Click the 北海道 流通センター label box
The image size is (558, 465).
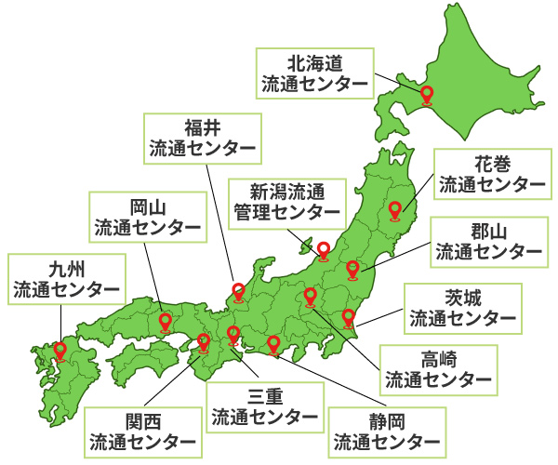pos(315,73)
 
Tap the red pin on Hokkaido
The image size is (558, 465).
pos(427,94)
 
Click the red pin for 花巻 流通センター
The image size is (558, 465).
pos(395,210)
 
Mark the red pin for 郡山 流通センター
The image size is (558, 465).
pos(352,269)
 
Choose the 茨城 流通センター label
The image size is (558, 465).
pos(463,309)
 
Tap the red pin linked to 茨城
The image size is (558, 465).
pos(350,317)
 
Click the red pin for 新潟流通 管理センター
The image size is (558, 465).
pos(324,249)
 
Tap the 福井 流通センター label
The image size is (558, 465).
pos(202,137)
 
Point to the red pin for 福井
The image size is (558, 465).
pos(238,292)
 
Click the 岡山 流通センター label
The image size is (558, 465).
pos(147,216)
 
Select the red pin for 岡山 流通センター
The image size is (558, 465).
pos(166,323)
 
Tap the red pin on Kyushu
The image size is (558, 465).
pos(60,351)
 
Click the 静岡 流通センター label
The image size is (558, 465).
pos(386,429)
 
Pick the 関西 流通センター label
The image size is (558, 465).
pos(142,431)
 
